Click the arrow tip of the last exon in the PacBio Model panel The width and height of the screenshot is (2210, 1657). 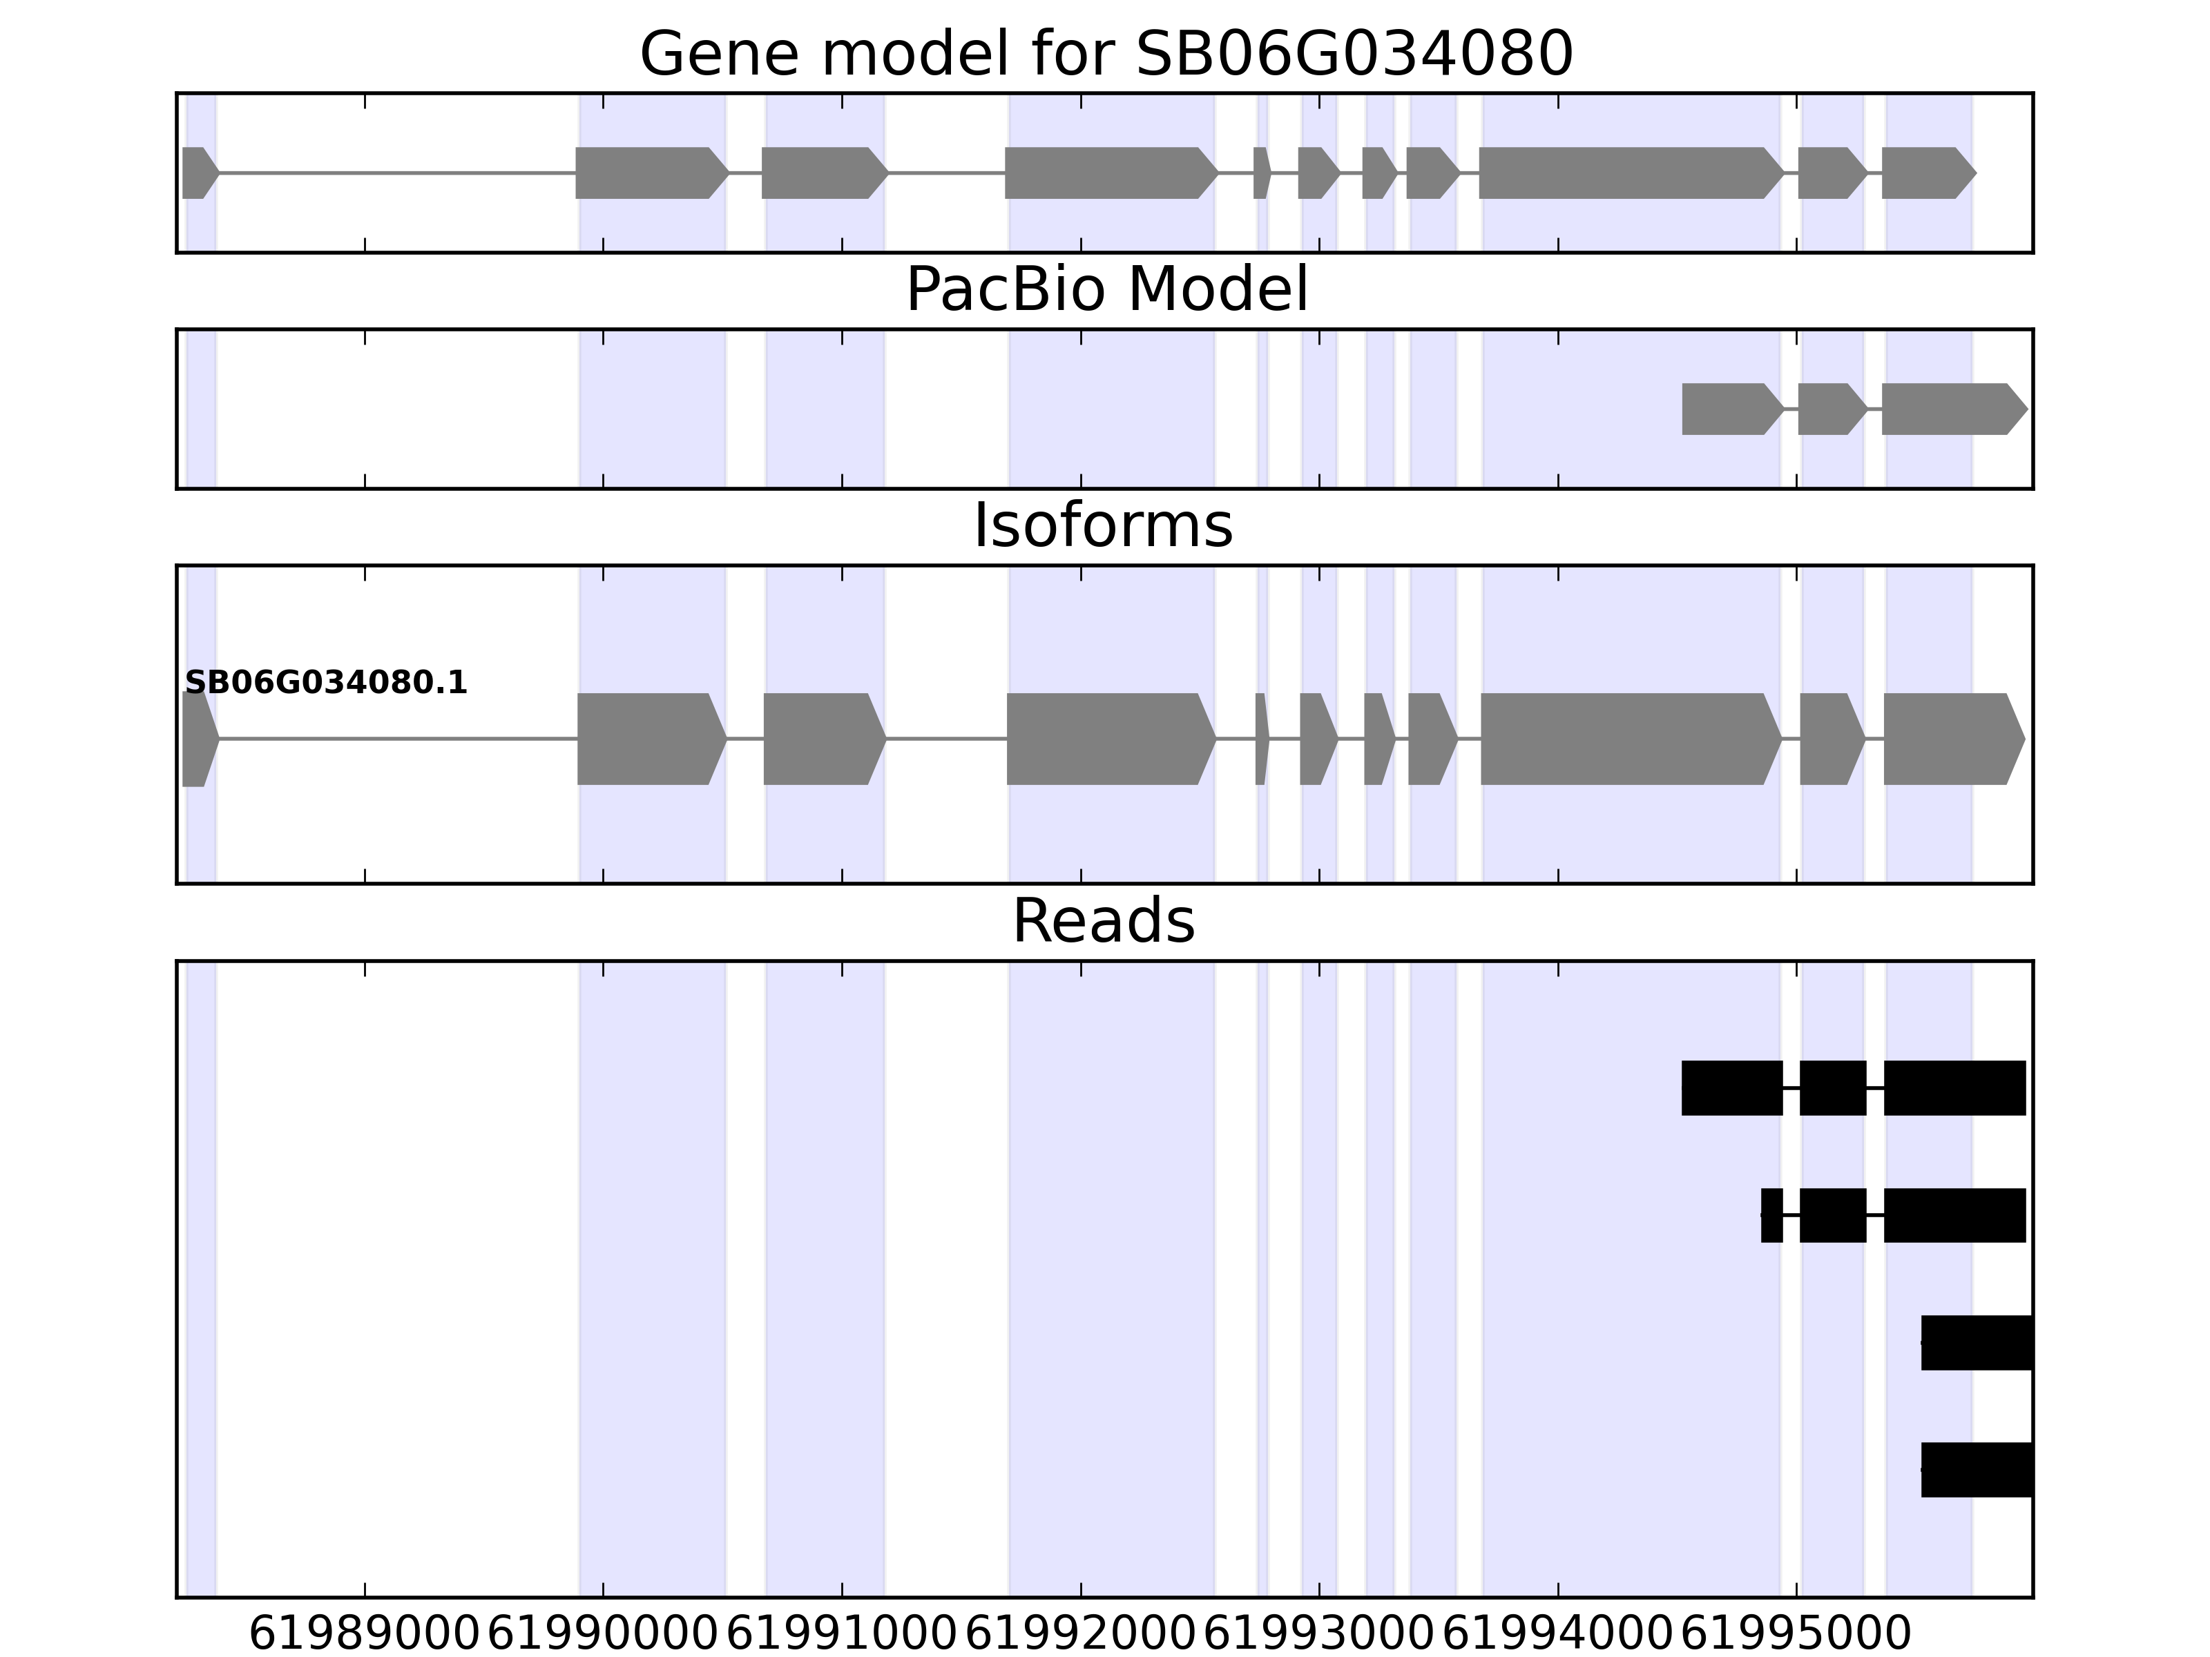click(x=2028, y=409)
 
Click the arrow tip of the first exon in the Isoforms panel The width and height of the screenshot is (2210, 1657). click(x=220, y=739)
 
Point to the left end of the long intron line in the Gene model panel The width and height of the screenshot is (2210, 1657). click(x=219, y=173)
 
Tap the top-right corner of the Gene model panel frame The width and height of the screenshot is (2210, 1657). click(x=2033, y=94)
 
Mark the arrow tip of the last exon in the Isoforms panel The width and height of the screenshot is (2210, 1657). click(x=2025, y=739)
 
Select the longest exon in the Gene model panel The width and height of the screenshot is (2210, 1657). click(x=1631, y=173)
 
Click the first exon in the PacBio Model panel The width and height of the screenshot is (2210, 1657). click(x=1732, y=409)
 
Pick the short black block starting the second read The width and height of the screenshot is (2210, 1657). click(x=1772, y=1216)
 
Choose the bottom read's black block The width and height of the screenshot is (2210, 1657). click(x=1977, y=1469)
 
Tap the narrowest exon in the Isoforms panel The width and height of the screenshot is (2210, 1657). click(x=1262, y=739)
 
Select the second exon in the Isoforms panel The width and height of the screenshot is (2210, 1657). click(x=651, y=739)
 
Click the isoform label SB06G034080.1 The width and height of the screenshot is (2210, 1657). click(x=326, y=684)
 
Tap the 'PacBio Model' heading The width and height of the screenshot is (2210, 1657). click(x=1107, y=290)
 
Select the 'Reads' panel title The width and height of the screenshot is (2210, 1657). click(x=1104, y=921)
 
